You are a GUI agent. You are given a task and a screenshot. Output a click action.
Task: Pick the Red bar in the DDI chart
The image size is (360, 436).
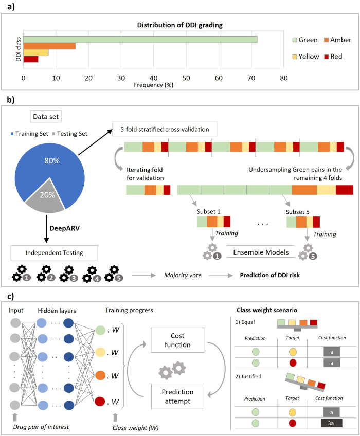click(30, 59)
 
